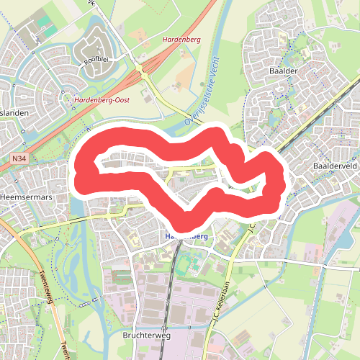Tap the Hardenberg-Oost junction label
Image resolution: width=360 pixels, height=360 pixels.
(x=102, y=100)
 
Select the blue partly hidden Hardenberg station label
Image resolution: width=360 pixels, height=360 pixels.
(x=186, y=236)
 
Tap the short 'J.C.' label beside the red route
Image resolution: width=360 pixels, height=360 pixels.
(x=253, y=228)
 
